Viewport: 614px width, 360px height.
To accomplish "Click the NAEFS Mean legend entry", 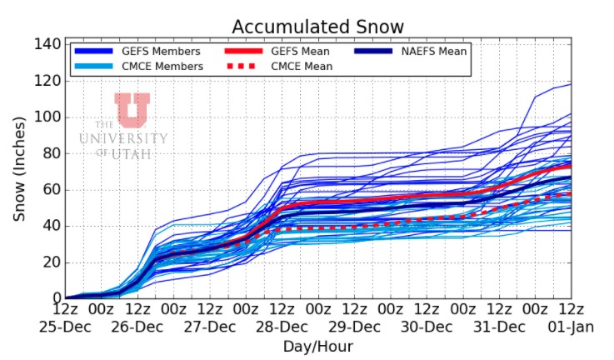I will [432, 51].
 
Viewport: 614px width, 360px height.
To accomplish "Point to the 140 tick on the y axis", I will [47, 44].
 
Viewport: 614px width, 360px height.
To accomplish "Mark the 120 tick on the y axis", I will [47, 81].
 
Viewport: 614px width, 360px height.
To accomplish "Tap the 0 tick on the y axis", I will [54, 298].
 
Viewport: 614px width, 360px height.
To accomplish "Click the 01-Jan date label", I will [572, 327].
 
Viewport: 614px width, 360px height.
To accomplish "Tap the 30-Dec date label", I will [427, 327].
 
